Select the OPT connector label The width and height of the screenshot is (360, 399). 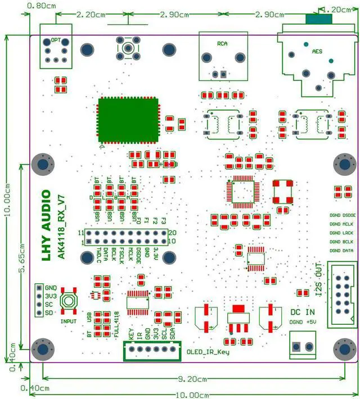[56, 40]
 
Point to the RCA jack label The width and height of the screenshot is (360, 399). [223, 43]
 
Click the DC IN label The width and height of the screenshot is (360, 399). [303, 312]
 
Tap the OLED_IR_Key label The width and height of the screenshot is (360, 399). [208, 352]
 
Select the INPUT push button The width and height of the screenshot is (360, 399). [70, 303]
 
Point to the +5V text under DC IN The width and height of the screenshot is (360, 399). [310, 322]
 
